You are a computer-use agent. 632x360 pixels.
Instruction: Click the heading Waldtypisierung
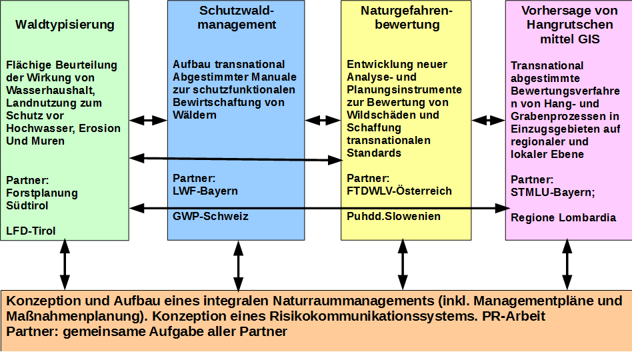[65, 25]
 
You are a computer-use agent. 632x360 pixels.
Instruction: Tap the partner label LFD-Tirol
[31, 231]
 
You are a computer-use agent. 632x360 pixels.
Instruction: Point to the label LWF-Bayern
[205, 191]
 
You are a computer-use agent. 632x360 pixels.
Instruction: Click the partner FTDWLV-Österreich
[399, 191]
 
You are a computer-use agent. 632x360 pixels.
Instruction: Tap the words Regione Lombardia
[563, 217]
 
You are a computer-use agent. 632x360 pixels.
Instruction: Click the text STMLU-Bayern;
[552, 193]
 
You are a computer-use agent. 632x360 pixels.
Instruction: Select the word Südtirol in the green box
[27, 205]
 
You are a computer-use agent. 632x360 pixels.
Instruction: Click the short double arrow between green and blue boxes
[149, 121]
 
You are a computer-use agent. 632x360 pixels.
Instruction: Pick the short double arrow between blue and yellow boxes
[323, 121]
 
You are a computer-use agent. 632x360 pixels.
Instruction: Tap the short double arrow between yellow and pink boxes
[489, 121]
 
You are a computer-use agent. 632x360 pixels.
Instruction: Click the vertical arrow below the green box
[65, 264]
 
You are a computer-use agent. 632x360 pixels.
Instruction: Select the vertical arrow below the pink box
[567, 264]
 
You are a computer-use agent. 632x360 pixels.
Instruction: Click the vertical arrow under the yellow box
[402, 264]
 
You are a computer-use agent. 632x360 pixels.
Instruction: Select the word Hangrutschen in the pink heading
[569, 25]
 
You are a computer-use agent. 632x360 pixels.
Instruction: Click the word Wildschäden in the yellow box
[382, 115]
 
